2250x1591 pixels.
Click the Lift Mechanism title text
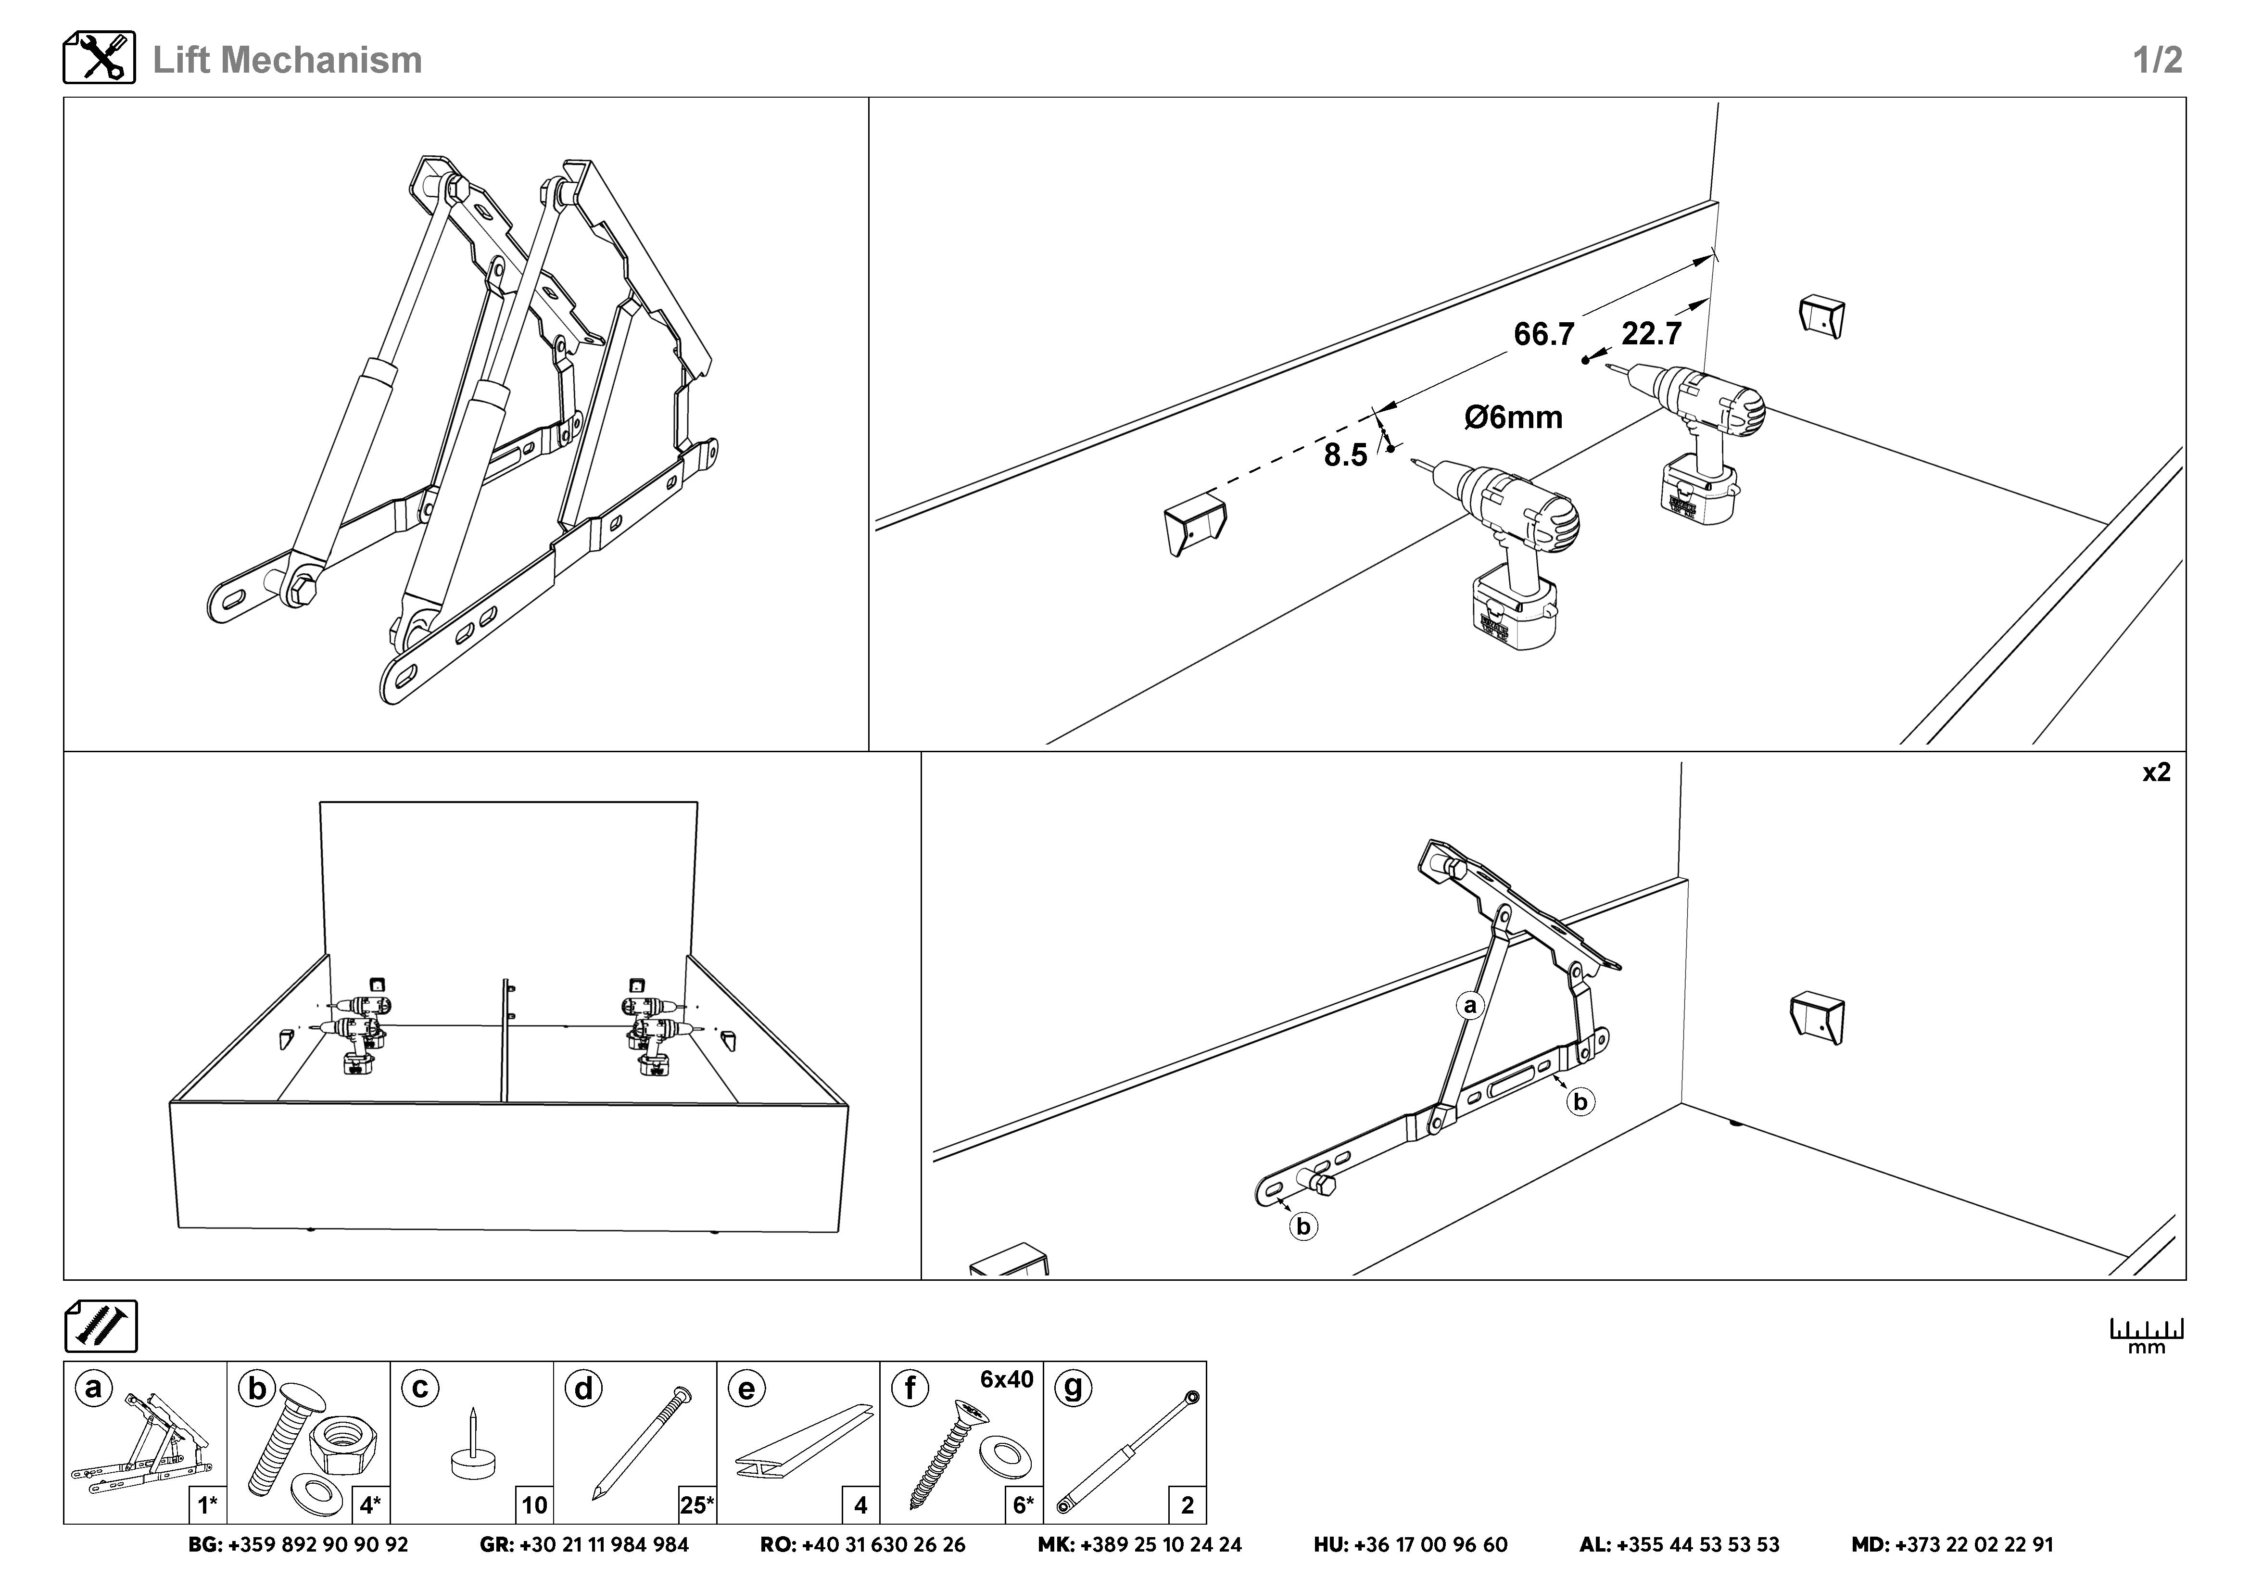coord(287,60)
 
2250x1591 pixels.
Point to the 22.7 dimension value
coord(1651,334)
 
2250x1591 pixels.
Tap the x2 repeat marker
coord(2156,773)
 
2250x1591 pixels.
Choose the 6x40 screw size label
coord(1006,1379)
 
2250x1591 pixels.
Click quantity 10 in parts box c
coord(534,1505)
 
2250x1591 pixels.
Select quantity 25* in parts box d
coord(697,1505)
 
